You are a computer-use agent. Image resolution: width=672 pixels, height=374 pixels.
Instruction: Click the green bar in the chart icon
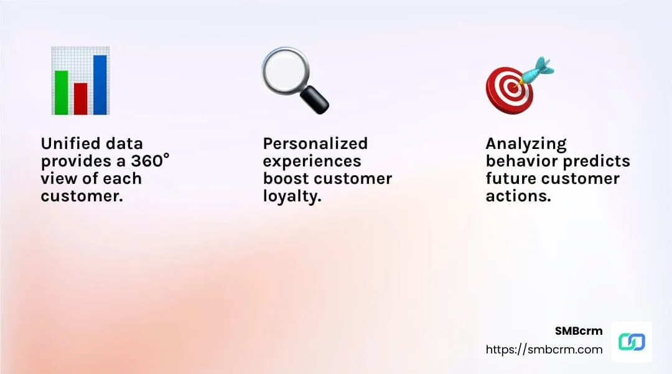point(61,92)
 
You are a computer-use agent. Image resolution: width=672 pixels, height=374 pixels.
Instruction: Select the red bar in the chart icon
point(80,98)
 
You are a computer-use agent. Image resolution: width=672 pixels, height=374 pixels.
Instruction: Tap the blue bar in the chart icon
point(100,85)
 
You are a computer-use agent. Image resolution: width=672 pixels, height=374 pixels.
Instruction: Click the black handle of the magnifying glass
point(315,100)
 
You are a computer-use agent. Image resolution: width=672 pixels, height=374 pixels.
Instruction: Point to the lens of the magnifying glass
point(283,70)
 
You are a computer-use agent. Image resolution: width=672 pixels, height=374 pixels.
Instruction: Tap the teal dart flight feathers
point(543,66)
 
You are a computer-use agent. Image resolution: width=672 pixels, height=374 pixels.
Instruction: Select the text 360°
point(147,161)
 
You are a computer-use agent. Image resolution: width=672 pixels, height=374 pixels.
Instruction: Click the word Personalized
point(315,143)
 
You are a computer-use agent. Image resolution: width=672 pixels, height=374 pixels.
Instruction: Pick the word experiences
point(312,161)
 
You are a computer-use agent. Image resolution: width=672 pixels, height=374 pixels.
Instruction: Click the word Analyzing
point(526,143)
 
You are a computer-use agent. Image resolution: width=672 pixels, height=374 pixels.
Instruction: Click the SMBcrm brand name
point(579,331)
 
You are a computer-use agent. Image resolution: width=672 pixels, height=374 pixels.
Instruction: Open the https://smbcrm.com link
point(544,349)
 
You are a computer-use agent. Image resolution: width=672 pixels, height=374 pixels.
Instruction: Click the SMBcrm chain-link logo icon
point(632,342)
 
